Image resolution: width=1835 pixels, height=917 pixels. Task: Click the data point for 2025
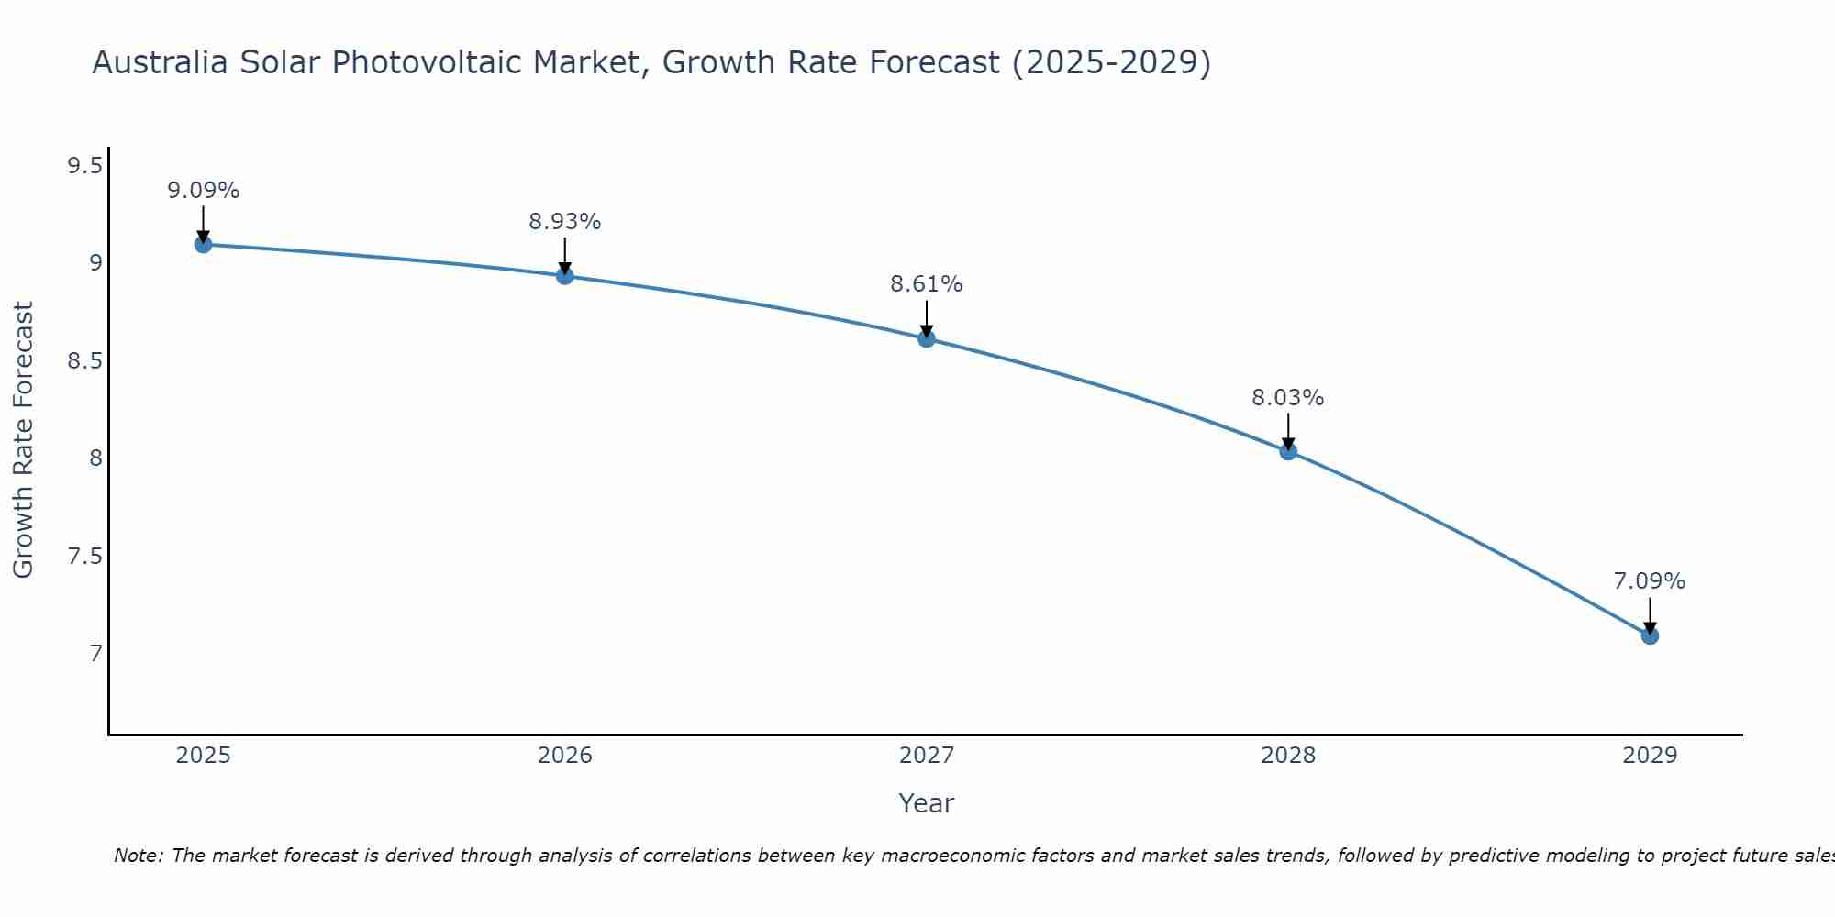(x=203, y=244)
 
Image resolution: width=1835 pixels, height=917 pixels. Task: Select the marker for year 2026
(x=564, y=275)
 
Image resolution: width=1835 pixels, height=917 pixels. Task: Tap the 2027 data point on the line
(x=927, y=338)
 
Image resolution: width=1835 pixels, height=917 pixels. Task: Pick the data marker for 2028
(x=1288, y=451)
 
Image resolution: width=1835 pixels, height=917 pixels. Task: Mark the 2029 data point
(x=1650, y=635)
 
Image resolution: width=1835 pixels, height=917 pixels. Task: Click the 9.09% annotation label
(x=203, y=191)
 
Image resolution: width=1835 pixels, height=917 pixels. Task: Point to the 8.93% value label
(x=564, y=222)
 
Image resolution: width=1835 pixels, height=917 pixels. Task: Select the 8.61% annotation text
(x=927, y=284)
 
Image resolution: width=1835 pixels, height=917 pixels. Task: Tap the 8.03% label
(x=1288, y=398)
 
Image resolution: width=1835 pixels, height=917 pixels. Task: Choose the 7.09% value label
(x=1650, y=581)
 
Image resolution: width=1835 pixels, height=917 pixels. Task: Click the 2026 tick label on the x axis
(x=564, y=756)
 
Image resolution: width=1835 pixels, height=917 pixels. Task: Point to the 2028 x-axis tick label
(x=1288, y=756)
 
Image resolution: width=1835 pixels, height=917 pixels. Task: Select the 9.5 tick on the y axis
(x=84, y=166)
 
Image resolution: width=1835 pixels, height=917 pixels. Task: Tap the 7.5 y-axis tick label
(x=84, y=557)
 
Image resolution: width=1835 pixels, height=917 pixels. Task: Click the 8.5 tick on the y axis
(x=84, y=361)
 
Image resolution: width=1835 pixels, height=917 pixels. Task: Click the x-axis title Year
(x=927, y=803)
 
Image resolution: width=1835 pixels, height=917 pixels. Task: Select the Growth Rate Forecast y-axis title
(x=23, y=440)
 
